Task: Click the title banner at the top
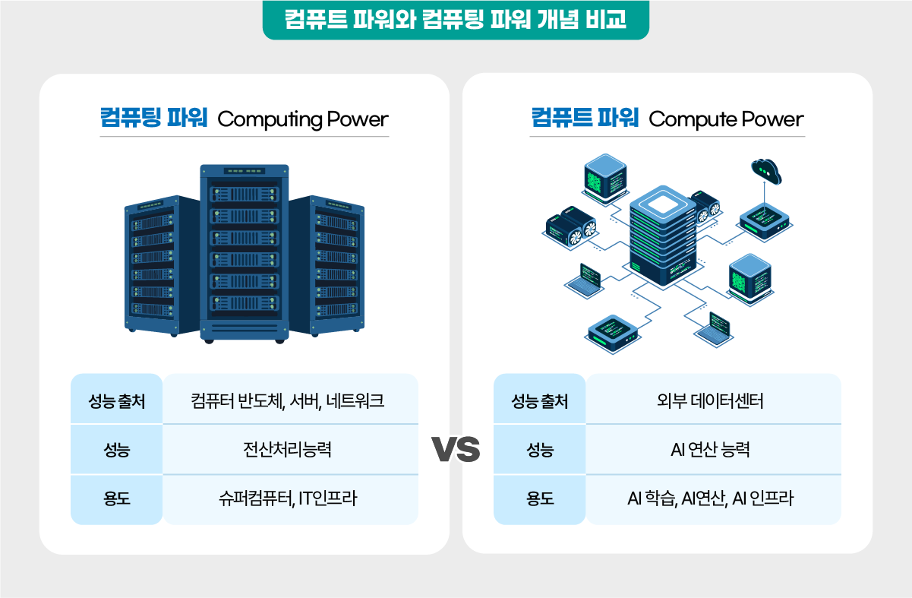(x=456, y=20)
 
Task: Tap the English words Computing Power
(x=303, y=120)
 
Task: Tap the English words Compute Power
(x=726, y=120)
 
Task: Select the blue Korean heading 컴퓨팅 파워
(x=154, y=118)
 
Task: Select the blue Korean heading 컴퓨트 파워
(x=585, y=118)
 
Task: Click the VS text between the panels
(x=456, y=449)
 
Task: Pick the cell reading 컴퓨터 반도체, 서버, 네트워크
(x=291, y=399)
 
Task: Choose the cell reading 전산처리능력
(x=291, y=449)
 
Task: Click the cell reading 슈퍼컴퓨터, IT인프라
(x=291, y=500)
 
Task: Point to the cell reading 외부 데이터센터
(x=713, y=399)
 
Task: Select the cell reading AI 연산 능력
(x=713, y=449)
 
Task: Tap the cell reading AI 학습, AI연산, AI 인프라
(x=713, y=500)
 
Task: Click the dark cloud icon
(x=766, y=171)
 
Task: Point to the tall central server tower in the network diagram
(x=663, y=236)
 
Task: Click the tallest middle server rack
(x=245, y=254)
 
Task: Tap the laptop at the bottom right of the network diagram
(x=714, y=329)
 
